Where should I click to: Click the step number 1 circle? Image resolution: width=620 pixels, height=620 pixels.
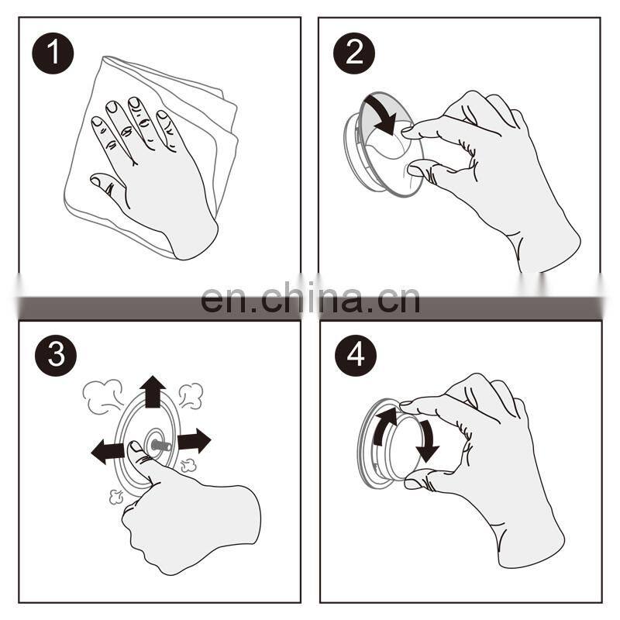(53, 53)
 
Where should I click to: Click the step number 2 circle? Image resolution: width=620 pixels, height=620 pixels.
(354, 53)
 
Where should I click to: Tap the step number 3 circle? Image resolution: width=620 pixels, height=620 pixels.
(56, 355)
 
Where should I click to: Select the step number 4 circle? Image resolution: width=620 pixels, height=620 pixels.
(356, 355)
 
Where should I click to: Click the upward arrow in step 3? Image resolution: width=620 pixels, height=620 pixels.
(153, 391)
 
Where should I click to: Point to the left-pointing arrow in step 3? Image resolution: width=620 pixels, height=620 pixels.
(108, 452)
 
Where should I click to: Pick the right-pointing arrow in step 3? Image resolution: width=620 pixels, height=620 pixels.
(194, 440)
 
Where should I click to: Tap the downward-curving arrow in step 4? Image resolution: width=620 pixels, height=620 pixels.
(427, 441)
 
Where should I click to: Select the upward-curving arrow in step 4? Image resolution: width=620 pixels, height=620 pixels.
(383, 425)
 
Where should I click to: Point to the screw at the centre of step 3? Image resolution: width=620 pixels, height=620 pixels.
(160, 446)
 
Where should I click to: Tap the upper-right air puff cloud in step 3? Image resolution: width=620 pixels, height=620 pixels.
(191, 395)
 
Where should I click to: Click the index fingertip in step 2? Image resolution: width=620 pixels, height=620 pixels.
(408, 132)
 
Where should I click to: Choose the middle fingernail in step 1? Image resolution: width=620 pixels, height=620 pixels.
(134, 102)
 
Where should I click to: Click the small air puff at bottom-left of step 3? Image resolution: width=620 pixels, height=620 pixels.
(115, 497)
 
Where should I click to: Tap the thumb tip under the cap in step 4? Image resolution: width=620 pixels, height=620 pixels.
(414, 483)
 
